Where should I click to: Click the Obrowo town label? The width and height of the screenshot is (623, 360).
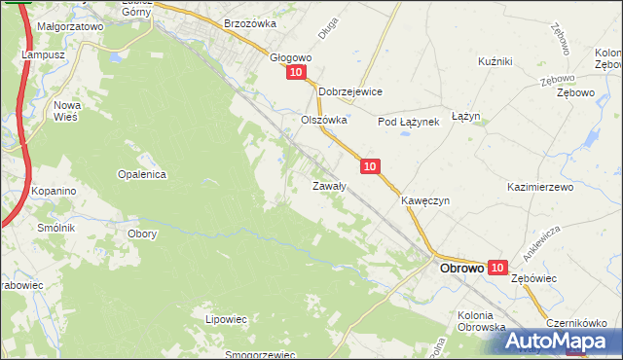(461, 268)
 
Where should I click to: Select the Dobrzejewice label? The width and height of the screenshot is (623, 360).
(350, 91)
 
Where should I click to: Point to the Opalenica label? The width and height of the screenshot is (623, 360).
(143, 174)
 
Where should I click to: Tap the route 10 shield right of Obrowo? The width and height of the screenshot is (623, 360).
(497, 268)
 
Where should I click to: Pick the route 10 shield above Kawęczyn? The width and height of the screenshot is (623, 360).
(369, 167)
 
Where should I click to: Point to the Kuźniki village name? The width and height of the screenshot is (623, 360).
(495, 61)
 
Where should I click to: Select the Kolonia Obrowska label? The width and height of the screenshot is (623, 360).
(481, 321)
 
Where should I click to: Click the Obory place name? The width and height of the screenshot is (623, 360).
(142, 234)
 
